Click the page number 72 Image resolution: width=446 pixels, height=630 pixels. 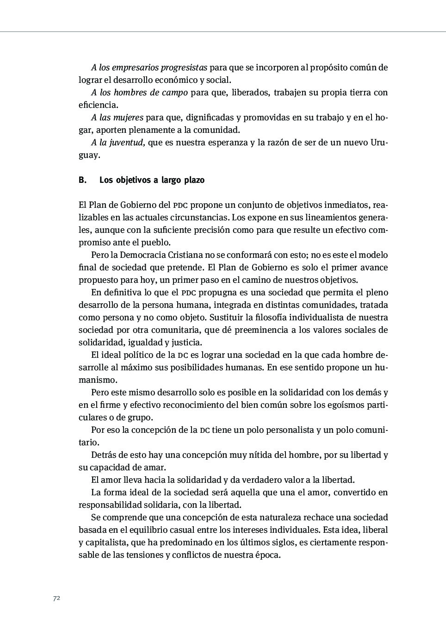pos(56,598)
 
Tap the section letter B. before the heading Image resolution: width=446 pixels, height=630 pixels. pos(83,180)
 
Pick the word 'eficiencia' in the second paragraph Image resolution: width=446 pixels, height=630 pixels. pos(98,105)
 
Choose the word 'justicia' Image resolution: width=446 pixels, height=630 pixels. pos(186,343)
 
